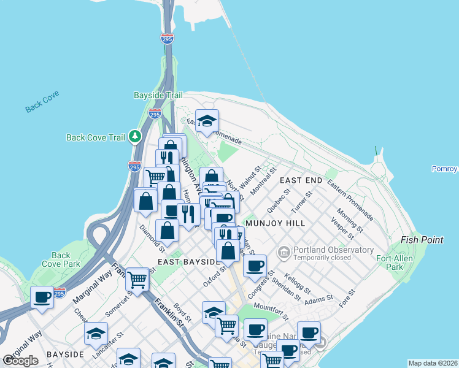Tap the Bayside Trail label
click(158, 96)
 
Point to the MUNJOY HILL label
click(274, 224)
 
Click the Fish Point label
click(422, 240)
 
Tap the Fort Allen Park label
click(390, 263)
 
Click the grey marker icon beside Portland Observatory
click(284, 251)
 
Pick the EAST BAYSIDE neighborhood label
click(188, 262)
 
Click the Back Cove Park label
click(61, 259)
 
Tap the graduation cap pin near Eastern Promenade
click(207, 120)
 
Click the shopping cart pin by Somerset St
click(137, 279)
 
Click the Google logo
click(21, 361)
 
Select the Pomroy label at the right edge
click(445, 169)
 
